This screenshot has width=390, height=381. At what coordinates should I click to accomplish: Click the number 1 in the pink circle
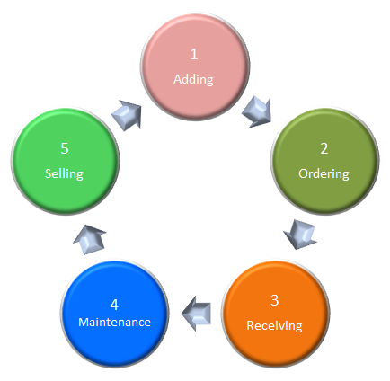(x=194, y=54)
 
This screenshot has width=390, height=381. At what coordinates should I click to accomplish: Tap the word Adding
(x=193, y=80)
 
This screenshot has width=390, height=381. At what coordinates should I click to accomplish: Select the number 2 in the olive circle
(x=324, y=148)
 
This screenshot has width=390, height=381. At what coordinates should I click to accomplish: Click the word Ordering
(x=324, y=174)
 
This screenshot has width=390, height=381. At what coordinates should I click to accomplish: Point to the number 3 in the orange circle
(x=275, y=300)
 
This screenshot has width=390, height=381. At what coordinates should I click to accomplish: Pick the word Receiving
(x=274, y=326)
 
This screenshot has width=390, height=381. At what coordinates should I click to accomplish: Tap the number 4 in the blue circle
(x=114, y=305)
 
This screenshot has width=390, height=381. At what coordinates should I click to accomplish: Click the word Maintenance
(x=114, y=323)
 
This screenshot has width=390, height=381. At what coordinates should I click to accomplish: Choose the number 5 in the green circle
(x=65, y=148)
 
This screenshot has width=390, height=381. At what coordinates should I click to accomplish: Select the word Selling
(x=64, y=173)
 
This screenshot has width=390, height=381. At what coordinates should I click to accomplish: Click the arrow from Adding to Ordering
(x=257, y=112)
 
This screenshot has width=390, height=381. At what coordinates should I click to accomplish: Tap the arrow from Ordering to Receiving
(x=300, y=235)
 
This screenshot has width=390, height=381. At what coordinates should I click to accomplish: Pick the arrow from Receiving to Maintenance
(x=196, y=314)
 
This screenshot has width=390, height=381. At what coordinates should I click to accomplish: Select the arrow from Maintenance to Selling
(x=90, y=240)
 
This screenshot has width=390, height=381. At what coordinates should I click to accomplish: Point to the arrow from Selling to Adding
(x=127, y=115)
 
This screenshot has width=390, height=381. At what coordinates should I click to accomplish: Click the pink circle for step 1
(x=195, y=66)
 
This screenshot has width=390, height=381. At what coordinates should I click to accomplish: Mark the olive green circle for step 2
(x=325, y=161)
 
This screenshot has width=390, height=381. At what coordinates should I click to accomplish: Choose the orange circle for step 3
(x=276, y=314)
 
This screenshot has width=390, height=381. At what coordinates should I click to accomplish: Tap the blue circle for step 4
(x=115, y=314)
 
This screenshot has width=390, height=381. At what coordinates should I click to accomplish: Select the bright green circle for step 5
(x=65, y=161)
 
